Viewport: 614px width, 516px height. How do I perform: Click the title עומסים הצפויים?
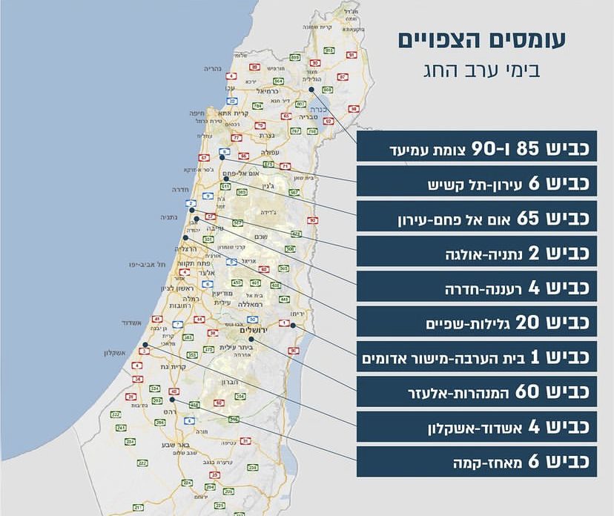(x=482, y=41)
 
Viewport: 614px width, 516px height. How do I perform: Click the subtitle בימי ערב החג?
(x=483, y=72)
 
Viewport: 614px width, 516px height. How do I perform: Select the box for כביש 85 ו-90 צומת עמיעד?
(x=477, y=147)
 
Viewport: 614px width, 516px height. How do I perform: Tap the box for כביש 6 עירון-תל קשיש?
(x=477, y=182)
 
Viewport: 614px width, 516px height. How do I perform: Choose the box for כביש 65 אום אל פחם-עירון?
(x=477, y=216)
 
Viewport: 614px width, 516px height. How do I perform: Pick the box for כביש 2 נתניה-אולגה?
(x=477, y=251)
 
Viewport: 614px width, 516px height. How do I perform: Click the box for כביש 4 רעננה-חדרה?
(x=477, y=287)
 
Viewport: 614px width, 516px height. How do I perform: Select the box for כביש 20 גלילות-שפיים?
(x=477, y=322)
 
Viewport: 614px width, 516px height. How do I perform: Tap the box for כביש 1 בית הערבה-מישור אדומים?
(x=477, y=357)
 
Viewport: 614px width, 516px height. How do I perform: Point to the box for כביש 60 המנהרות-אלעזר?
(x=477, y=391)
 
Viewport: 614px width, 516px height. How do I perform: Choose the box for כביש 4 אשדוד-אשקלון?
(x=477, y=427)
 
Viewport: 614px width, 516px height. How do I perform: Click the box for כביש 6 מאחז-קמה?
(x=477, y=462)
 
